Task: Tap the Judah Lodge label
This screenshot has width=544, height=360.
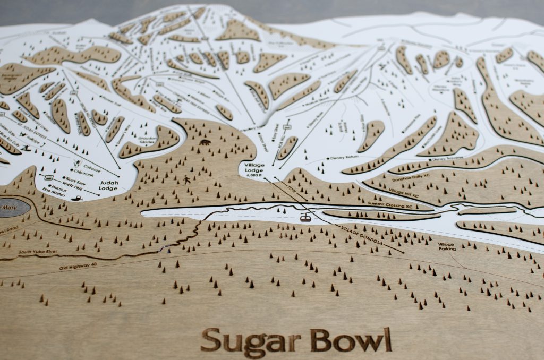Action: (x=108, y=185)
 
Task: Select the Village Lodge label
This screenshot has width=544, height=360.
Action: (x=254, y=168)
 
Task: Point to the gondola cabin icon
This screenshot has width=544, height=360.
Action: (x=305, y=217)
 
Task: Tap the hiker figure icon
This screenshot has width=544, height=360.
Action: (x=187, y=181)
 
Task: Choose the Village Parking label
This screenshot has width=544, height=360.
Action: (x=447, y=246)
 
